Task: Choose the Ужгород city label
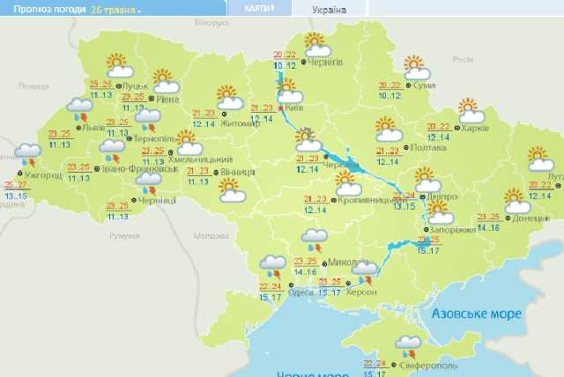(42, 175)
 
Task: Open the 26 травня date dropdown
(115, 10)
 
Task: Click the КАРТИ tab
(258, 8)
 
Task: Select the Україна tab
(330, 10)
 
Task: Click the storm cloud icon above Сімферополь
(408, 344)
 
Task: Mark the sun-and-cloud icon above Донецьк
(516, 199)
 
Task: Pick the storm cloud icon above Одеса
(273, 264)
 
